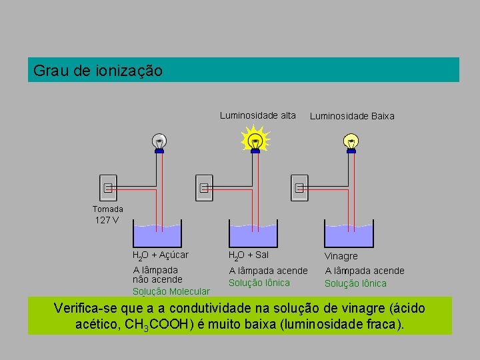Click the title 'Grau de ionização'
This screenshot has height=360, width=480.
[97, 70]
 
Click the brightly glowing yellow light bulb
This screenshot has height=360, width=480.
[255, 141]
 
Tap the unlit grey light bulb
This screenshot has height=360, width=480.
[159, 141]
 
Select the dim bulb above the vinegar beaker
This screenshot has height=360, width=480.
[351, 141]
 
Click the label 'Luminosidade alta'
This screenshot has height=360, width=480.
[258, 115]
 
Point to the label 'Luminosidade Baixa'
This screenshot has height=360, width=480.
[352, 116]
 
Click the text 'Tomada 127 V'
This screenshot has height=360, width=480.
[107, 214]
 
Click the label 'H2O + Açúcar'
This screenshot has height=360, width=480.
[161, 255]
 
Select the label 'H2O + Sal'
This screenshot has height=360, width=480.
[249, 255]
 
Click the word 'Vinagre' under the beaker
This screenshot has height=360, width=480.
[341, 256]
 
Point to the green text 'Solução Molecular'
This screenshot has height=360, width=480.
[171, 291]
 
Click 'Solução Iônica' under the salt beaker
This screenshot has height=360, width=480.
[259, 283]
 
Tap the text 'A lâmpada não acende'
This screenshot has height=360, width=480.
[157, 275]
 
